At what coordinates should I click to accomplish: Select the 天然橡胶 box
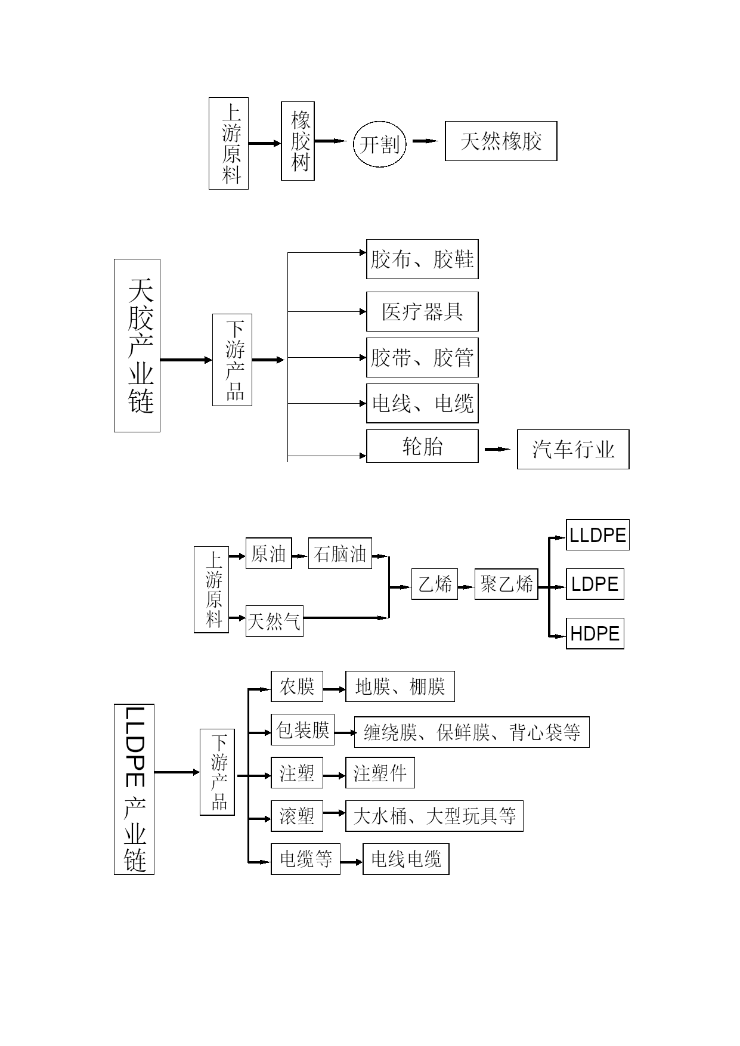[x=501, y=141]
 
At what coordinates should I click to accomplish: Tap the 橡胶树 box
[x=298, y=141]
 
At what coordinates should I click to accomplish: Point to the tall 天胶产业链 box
[x=137, y=345]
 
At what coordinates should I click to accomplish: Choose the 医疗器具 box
[x=422, y=311]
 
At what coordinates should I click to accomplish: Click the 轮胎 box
[x=422, y=446]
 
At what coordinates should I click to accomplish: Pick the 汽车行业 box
[x=573, y=449]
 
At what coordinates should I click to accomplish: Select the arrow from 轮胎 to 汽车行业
[x=497, y=449]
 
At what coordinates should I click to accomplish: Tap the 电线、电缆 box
[x=422, y=404]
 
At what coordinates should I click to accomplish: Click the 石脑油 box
[x=340, y=553]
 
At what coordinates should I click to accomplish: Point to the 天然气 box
[x=274, y=621]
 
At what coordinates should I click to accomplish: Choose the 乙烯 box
[x=435, y=584]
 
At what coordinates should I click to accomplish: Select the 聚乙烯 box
[x=506, y=584]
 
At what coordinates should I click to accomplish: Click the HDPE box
[x=595, y=633]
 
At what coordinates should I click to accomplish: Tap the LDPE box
[x=595, y=584]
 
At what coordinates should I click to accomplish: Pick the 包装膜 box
[x=303, y=729]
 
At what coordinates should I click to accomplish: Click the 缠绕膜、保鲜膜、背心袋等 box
[x=472, y=732]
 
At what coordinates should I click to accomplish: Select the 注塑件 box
[x=380, y=773]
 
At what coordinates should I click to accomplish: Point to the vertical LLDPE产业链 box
[x=134, y=789]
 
